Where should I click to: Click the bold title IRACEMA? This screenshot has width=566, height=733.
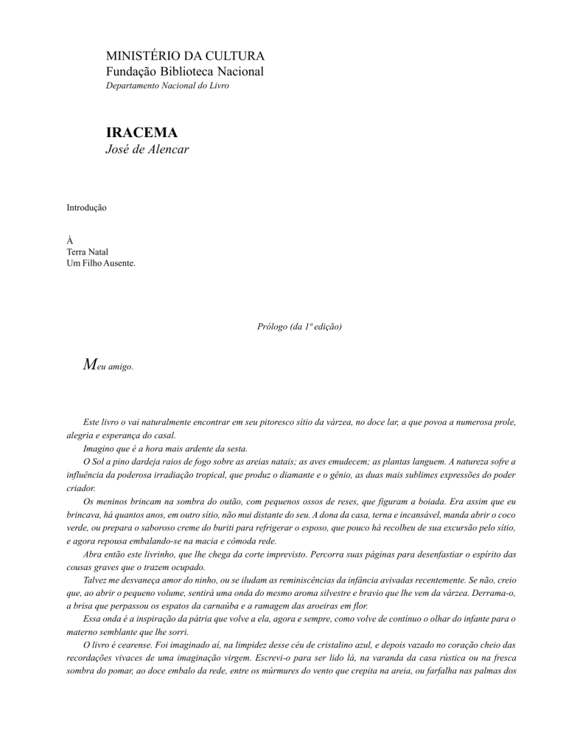(141, 133)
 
